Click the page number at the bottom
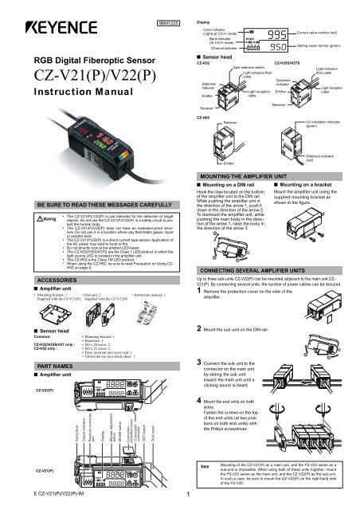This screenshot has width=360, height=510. [x=185, y=501]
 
